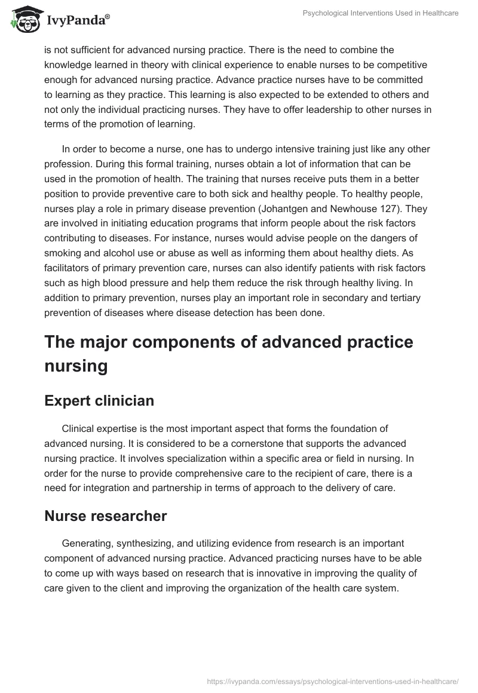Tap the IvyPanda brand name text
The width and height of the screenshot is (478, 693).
(x=78, y=20)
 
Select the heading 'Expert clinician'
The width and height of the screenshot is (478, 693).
(x=99, y=400)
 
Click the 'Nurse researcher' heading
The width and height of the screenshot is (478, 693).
(x=105, y=516)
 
